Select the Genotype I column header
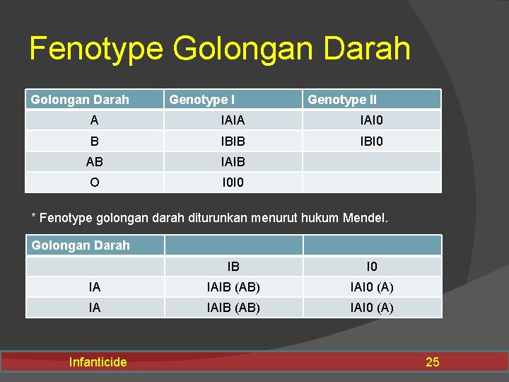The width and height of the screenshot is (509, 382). point(201,100)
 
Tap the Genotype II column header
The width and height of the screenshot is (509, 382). point(341,100)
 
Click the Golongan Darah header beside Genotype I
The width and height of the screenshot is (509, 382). point(80,100)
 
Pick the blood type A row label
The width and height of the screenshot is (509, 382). point(94,120)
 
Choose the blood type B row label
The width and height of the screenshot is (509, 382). point(94,141)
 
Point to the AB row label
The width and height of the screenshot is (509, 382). point(94,162)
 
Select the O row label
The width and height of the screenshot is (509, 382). point(94,183)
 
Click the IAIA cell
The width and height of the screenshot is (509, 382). point(233,120)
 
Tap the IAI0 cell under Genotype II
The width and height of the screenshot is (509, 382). point(371,120)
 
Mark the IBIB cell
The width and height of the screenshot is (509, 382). point(233,141)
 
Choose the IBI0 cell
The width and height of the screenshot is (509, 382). point(371,141)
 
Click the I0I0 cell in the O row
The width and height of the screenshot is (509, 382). point(233,183)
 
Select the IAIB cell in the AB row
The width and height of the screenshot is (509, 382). point(233,162)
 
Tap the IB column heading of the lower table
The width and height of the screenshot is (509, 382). point(233,267)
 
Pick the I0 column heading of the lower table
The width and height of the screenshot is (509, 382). point(372,267)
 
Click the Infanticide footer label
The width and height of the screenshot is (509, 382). point(98,362)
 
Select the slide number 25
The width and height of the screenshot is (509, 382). point(432,362)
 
